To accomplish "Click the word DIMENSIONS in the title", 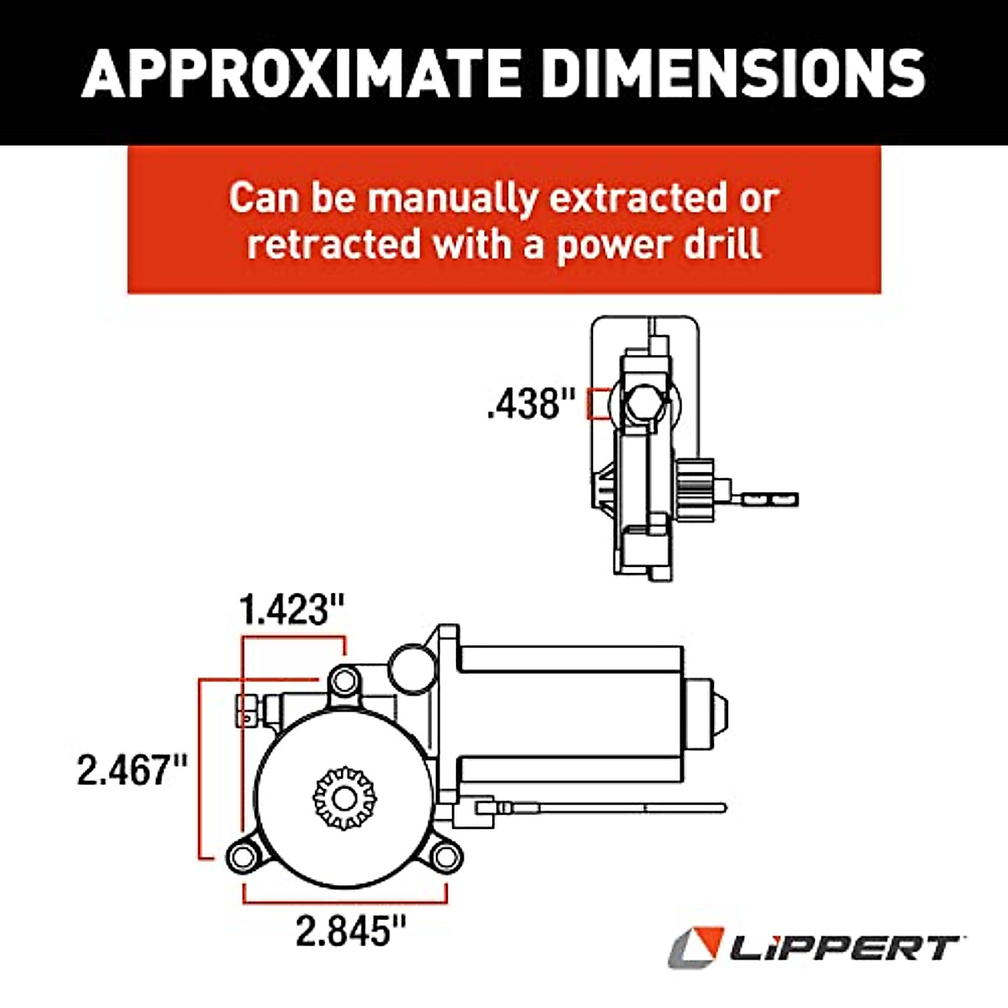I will click(x=734, y=73).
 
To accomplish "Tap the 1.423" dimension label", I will click(x=292, y=611).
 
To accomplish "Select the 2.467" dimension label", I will click(x=131, y=769).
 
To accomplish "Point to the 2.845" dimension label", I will click(x=350, y=931).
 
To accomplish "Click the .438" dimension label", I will click(x=533, y=405).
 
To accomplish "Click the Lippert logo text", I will click(x=843, y=949).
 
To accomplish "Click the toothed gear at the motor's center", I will click(x=344, y=796).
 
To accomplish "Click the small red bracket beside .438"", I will click(x=597, y=404).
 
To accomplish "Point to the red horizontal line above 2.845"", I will click(x=344, y=901).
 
